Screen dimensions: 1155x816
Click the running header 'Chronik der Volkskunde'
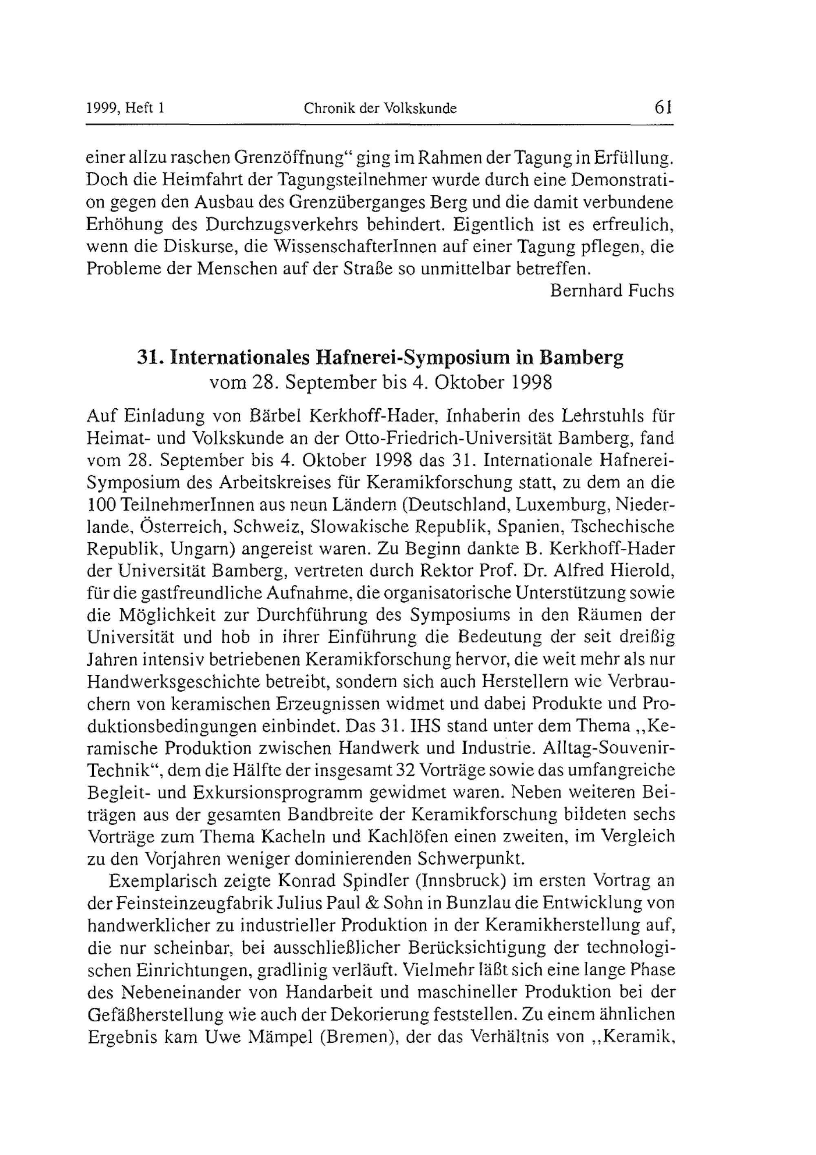coord(380,108)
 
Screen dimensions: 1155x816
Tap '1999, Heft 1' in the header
coord(126,108)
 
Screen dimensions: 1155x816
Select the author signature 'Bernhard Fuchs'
coord(612,291)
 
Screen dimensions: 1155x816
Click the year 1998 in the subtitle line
coord(532,383)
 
